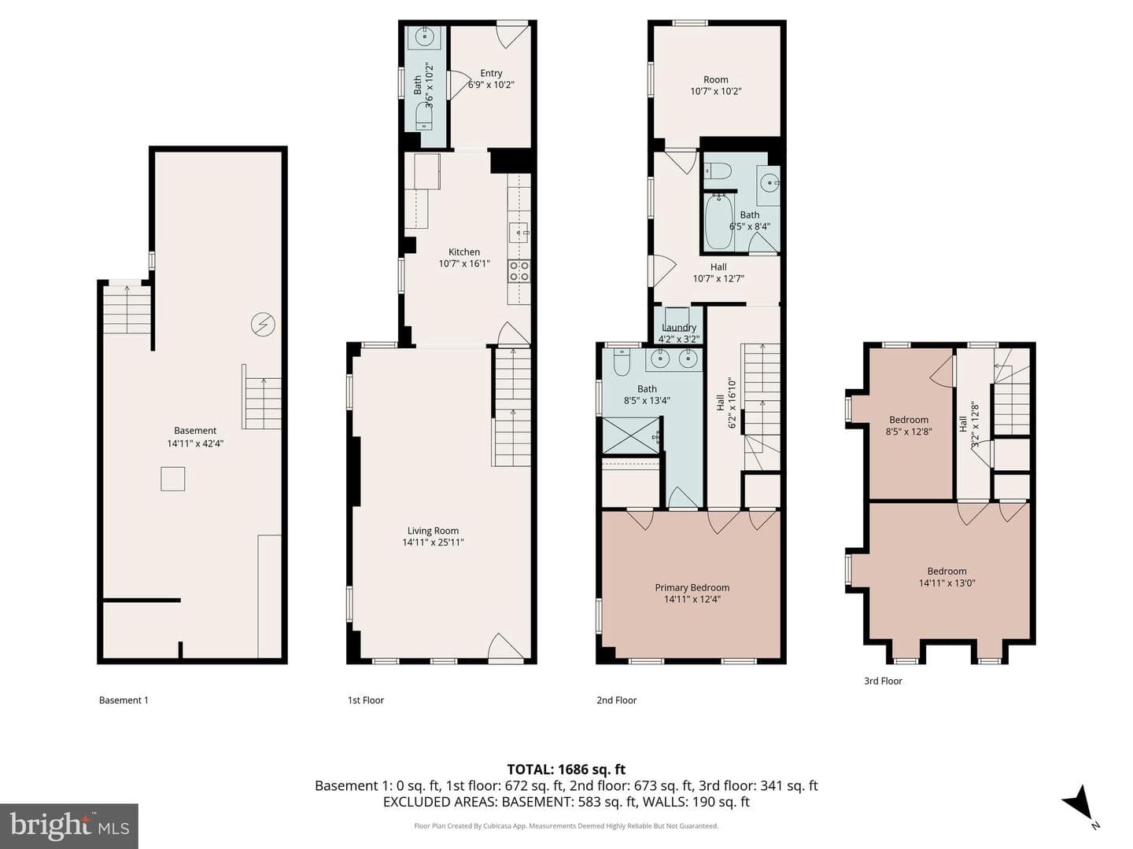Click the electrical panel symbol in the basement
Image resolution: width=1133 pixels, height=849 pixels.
[x=263, y=324]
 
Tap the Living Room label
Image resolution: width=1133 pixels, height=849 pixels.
[x=433, y=531]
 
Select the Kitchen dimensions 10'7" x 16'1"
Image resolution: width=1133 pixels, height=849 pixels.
[x=464, y=263]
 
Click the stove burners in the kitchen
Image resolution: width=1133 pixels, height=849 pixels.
[x=519, y=270]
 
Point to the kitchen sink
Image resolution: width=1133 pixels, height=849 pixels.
[x=519, y=233]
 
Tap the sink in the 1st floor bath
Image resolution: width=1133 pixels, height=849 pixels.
[x=425, y=37]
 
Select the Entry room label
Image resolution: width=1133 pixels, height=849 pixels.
[x=491, y=73]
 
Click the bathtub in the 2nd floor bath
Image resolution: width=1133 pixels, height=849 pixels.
[x=718, y=222]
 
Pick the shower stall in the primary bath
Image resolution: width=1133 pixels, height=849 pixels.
[x=631, y=436]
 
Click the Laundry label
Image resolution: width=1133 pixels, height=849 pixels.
[x=679, y=327]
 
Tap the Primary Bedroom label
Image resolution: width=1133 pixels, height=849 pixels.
[x=692, y=588]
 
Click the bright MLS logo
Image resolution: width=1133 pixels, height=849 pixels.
[x=69, y=826]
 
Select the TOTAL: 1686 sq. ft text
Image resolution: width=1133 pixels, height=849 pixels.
[x=566, y=770]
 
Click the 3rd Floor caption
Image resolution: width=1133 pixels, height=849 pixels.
[x=883, y=681]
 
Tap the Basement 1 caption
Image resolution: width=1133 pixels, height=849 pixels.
[x=124, y=700]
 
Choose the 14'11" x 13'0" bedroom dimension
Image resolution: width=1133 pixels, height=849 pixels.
[x=947, y=583]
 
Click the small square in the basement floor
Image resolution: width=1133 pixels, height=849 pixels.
[x=172, y=479]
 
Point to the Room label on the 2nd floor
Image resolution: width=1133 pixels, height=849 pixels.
[x=715, y=79]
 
